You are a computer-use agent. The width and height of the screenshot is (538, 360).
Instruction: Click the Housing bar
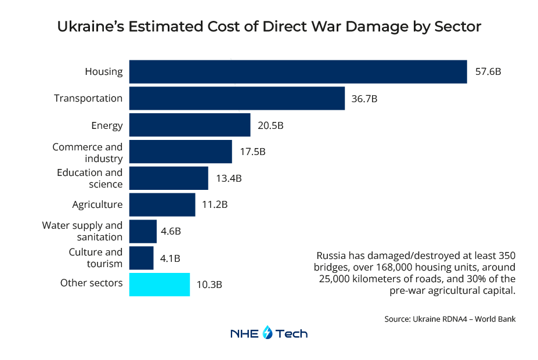pyautogui.click(x=298, y=71)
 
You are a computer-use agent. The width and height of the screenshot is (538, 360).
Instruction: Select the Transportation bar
pyautogui.click(x=237, y=98)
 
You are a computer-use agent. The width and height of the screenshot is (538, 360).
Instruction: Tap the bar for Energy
pyautogui.click(x=189, y=125)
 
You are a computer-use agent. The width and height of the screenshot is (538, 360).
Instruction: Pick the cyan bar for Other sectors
pyautogui.click(x=159, y=285)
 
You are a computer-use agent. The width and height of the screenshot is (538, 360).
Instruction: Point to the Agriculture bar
pyautogui.click(x=162, y=204)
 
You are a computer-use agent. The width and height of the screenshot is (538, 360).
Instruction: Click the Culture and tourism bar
pyautogui.click(x=141, y=258)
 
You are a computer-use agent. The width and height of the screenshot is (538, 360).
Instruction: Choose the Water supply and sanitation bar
pyautogui.click(x=142, y=231)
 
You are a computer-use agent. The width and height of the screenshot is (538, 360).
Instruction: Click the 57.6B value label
pyautogui.click(x=488, y=72)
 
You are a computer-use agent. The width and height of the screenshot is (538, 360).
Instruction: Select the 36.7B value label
pyautogui.click(x=364, y=99)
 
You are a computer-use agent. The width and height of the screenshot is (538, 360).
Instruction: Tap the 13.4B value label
pyautogui.click(x=229, y=178)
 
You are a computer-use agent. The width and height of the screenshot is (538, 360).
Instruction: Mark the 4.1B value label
pyautogui.click(x=170, y=258)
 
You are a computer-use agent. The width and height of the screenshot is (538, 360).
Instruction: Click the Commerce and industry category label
pyautogui.click(x=88, y=152)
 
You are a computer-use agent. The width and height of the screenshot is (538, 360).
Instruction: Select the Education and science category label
pyautogui.click(x=90, y=178)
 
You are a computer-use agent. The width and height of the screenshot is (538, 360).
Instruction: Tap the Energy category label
pyautogui.click(x=107, y=125)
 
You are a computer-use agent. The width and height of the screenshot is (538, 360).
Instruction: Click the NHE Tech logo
pyautogui.click(x=269, y=333)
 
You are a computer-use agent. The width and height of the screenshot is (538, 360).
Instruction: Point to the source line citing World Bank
pyautogui.click(x=449, y=319)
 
